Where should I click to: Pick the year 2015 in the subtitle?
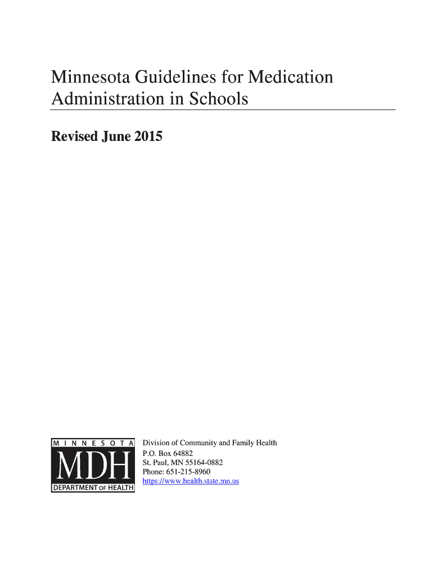coord(148,136)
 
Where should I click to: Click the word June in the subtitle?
coord(116,136)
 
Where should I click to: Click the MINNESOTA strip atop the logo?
coord(93,443)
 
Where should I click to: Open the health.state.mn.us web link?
coord(191,481)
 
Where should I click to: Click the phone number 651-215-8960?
coord(188,472)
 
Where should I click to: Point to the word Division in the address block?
coord(156,443)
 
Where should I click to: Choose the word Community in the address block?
coord(197,443)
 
